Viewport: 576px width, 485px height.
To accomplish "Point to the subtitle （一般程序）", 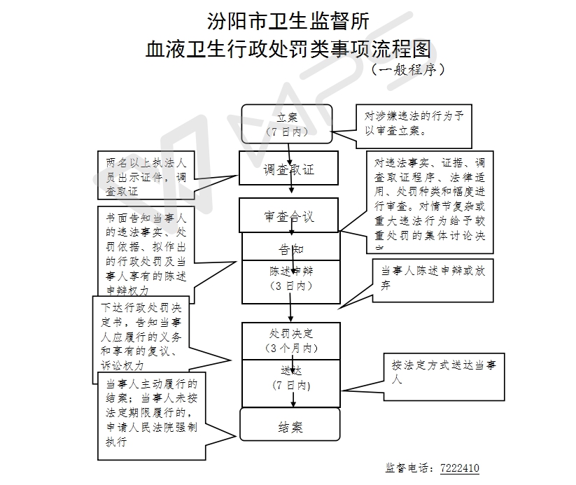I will click(408, 70).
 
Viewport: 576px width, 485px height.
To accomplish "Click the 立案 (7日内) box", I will click(288, 123).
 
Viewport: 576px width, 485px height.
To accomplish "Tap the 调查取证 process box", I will click(288, 168).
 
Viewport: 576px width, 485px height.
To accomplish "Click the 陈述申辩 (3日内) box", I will click(291, 278).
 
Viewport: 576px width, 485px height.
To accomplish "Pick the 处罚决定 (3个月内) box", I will click(291, 340).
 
